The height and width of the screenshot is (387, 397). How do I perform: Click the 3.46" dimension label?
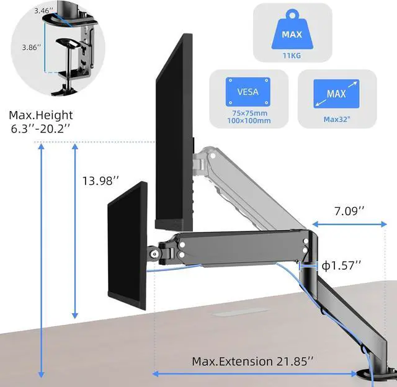[x=44, y=11]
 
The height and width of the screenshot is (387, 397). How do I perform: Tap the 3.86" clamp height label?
[x=32, y=47]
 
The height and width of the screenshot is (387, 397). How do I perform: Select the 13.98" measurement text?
[x=100, y=180]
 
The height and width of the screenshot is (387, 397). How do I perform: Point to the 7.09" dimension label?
[x=349, y=211]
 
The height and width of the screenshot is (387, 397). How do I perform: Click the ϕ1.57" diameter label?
[x=341, y=265]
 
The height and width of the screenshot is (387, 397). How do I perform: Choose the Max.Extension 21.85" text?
[x=252, y=361]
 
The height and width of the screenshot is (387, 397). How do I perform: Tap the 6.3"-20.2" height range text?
[x=40, y=128]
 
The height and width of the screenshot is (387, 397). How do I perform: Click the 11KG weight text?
[x=292, y=55]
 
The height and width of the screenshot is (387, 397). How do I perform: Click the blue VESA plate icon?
[x=248, y=92]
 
